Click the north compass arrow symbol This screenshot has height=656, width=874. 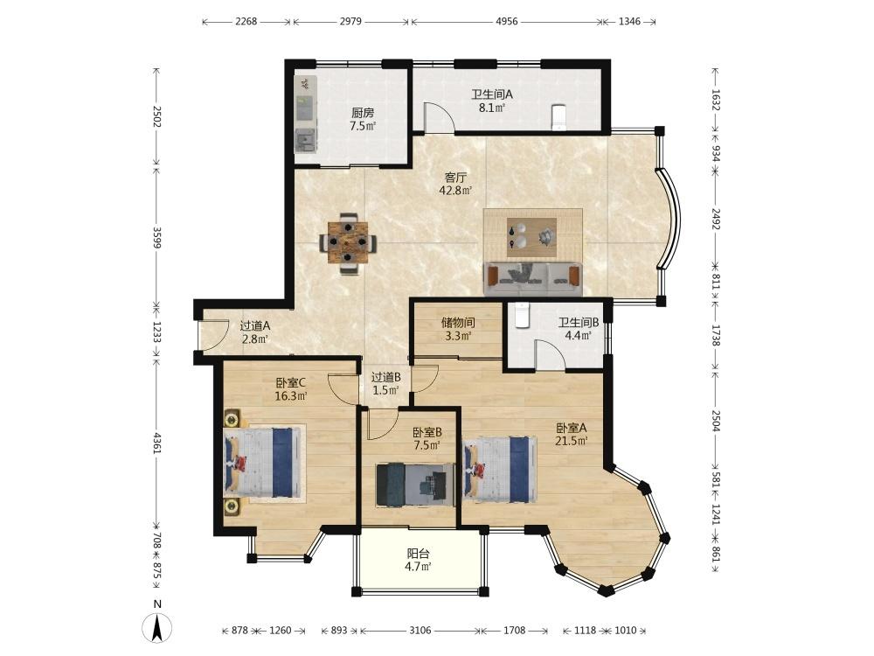tap(157, 627)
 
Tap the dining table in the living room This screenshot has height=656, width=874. tap(348, 242)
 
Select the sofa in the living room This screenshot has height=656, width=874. tap(533, 278)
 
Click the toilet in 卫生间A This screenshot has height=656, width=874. tap(558, 116)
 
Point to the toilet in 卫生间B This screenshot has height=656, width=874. tap(521, 315)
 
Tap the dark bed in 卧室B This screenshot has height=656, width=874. tap(415, 485)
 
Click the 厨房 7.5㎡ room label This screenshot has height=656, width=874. tap(363, 119)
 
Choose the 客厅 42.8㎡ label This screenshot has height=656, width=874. tap(456, 184)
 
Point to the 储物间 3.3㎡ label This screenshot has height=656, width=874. tap(458, 329)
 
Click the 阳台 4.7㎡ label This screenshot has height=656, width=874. tap(418, 560)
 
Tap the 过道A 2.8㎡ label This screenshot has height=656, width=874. tap(255, 331)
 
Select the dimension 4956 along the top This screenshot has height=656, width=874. tap(507, 22)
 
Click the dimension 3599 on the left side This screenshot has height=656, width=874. tap(157, 238)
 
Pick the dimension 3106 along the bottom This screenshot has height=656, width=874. tap(420, 631)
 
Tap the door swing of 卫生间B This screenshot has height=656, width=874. tap(550, 355)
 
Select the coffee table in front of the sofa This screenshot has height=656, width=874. tap(532, 233)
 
